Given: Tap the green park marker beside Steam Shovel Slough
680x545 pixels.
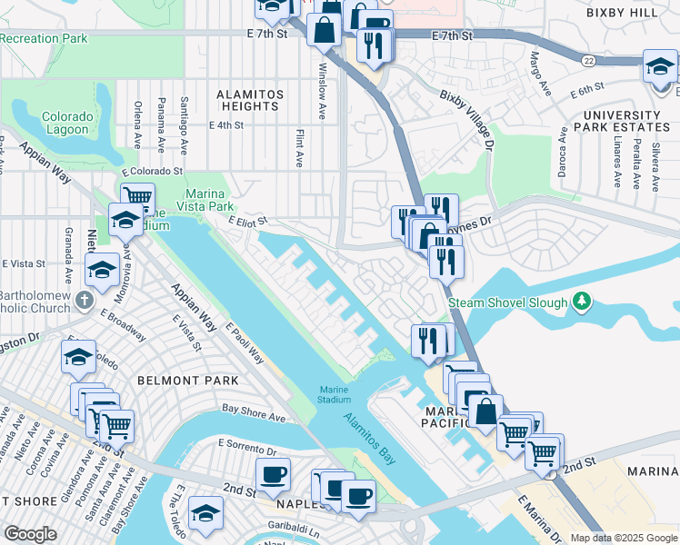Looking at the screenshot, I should (583, 302).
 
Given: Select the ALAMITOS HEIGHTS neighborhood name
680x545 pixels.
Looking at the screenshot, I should (250, 100).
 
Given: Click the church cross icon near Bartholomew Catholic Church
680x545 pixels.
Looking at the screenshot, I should (84, 299).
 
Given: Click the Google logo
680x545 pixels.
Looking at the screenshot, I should (30, 533).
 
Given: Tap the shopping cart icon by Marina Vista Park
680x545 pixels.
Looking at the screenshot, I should (137, 196).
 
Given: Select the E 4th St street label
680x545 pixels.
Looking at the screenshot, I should (228, 126).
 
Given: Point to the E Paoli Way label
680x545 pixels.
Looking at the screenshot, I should (245, 345).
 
